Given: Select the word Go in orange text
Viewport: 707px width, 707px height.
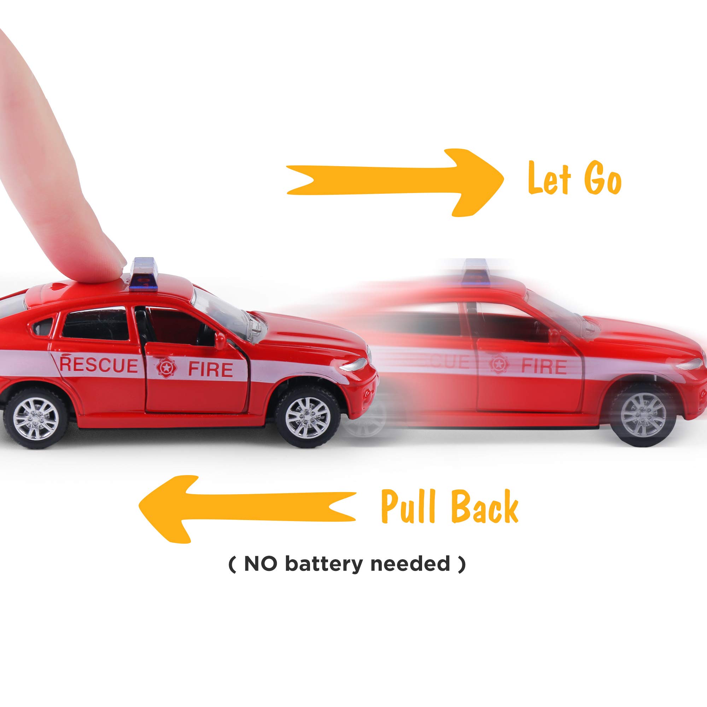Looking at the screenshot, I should pos(602,179).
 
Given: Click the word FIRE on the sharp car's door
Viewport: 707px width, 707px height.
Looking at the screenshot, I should pos(210,370).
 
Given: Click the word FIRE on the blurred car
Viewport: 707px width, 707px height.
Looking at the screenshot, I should pos(543,366).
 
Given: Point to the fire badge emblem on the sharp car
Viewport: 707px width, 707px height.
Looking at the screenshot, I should pos(164,368).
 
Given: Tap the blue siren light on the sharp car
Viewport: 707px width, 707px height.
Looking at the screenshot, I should pos(146,269).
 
